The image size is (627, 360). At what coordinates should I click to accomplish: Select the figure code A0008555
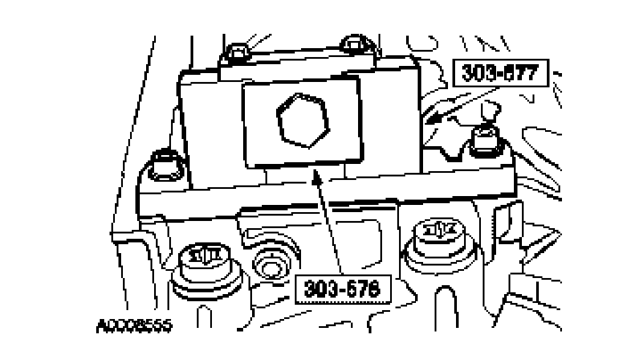[133, 324]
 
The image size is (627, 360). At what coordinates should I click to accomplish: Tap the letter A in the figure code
[101, 324]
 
